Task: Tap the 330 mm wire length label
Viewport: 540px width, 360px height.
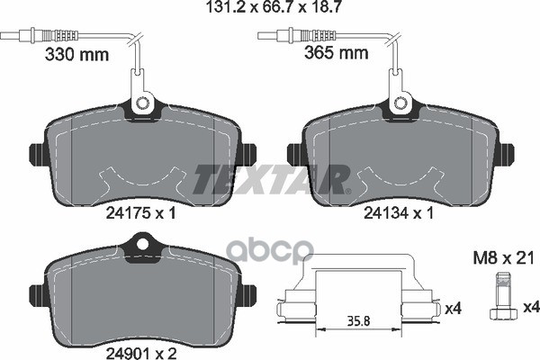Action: (76, 54)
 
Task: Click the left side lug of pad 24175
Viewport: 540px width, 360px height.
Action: (36, 155)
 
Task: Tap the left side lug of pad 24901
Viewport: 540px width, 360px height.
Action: (36, 294)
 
